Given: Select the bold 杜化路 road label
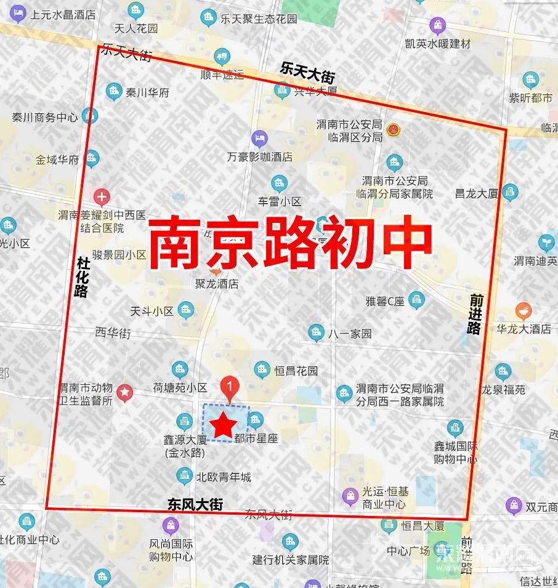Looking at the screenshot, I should pos(81,276).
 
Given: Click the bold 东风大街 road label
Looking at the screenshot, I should pos(195,504).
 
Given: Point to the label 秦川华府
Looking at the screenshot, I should pos(147,93).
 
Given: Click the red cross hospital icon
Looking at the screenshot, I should pos(102,197).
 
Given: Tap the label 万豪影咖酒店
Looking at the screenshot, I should pos(259,156).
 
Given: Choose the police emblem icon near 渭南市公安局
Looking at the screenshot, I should pos(392,130).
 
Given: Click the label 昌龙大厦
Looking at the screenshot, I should pos(475,193).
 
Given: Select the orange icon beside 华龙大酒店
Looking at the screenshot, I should pos(524,311).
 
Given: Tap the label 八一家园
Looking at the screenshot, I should pos(350,334).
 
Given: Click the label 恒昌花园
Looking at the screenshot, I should pos(296,371).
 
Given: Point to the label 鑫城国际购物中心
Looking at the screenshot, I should pos(456,453).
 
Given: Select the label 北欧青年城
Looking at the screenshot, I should pos(223,477).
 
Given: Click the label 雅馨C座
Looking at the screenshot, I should pos(385,301).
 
